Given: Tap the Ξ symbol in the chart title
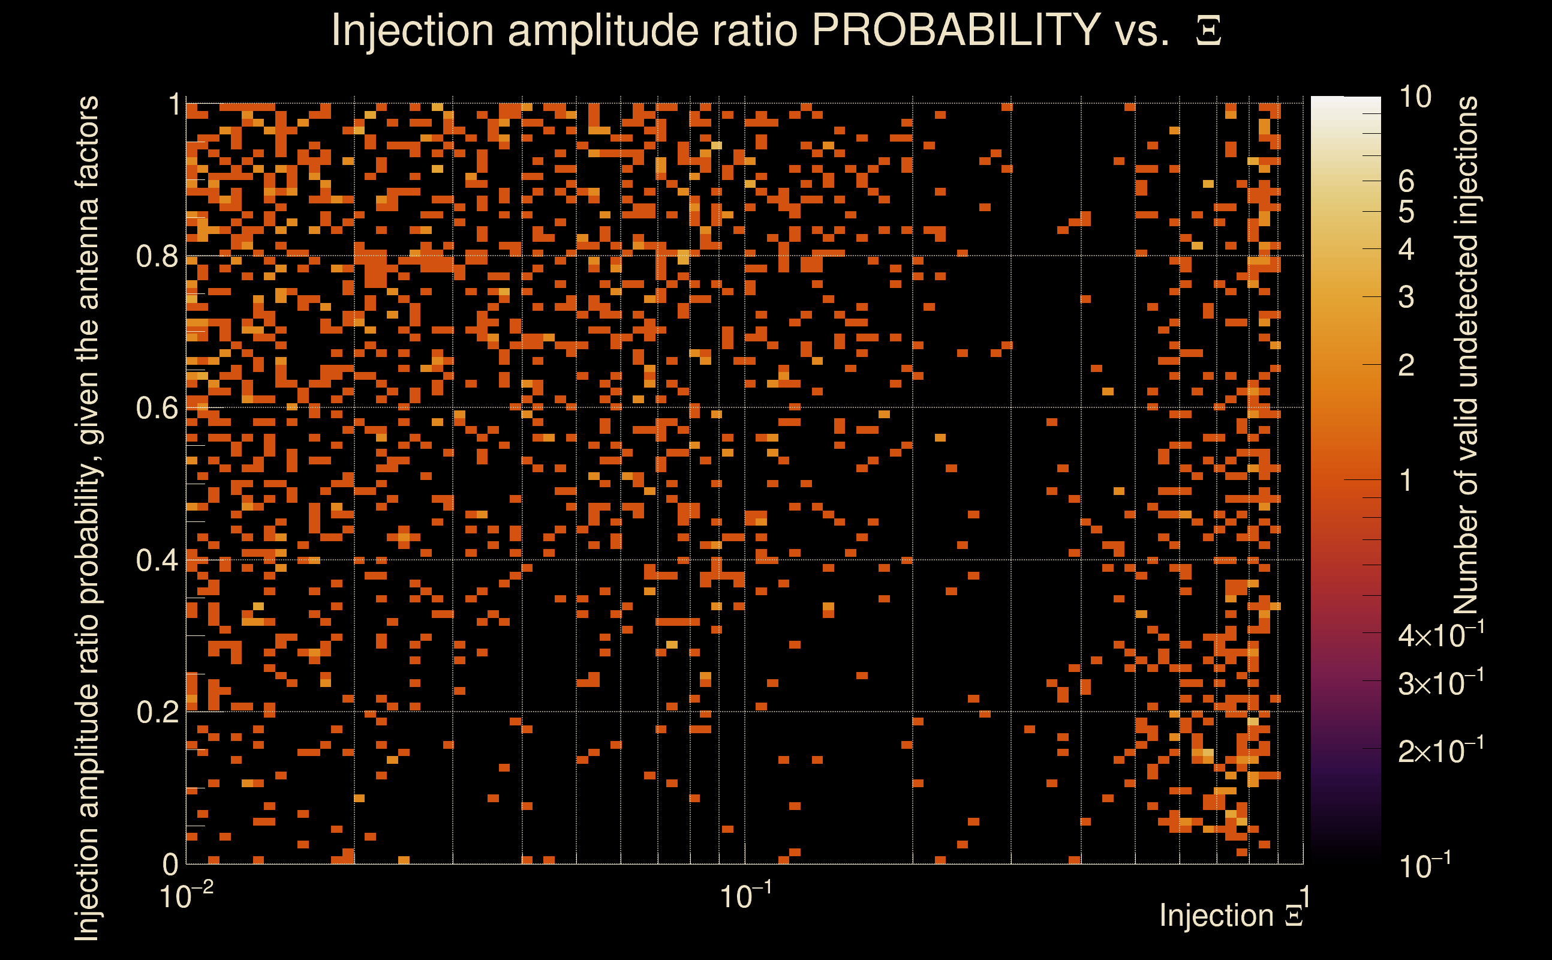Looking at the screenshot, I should pos(1208,31).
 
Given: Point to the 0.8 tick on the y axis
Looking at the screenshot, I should pos(157,257).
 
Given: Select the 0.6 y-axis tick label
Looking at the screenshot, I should pos(157,408).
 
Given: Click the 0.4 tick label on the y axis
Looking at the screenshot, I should pos(157,560).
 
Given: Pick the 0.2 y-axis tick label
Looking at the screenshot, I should pos(157,712).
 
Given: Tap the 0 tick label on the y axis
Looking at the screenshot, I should pos(170,864).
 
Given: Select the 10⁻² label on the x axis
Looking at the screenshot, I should pos(186,896).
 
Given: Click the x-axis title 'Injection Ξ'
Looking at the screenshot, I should pos(1231,916).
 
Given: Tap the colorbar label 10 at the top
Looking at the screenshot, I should pos(1415,97).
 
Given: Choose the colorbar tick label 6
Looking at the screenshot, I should pos(1406,182).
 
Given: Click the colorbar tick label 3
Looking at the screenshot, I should pos(1406,297).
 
